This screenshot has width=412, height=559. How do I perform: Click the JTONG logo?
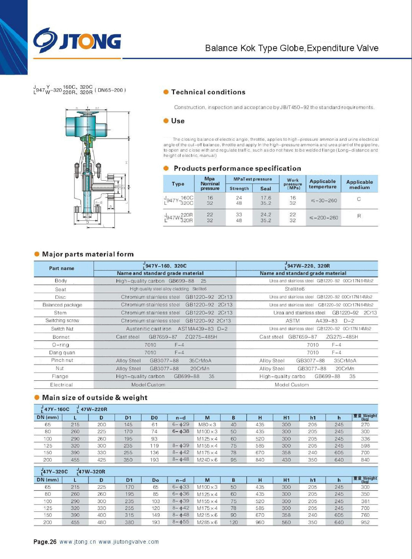(77, 41)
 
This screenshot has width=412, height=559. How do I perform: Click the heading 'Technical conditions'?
(208, 92)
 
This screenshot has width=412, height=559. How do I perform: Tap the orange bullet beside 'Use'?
(166, 121)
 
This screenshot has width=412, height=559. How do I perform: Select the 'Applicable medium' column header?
(359, 184)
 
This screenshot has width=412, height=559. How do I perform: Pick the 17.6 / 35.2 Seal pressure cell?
(266, 200)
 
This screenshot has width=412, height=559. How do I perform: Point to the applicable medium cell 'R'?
(359, 216)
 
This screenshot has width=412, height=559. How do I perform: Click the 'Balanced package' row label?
(62, 305)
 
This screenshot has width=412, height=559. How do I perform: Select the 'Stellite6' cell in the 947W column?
(295, 289)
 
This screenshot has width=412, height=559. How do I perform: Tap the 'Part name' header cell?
(62, 268)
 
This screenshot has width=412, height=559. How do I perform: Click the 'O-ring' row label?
(60, 345)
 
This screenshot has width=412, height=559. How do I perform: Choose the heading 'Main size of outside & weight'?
(95, 398)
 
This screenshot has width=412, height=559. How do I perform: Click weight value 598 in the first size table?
(365, 446)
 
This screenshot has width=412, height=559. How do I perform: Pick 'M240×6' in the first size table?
(207, 460)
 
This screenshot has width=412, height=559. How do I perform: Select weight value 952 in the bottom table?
(365, 522)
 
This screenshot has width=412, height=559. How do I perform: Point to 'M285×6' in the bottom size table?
(207, 522)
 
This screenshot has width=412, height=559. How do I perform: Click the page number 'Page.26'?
(45, 542)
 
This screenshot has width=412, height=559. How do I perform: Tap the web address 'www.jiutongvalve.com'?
(129, 542)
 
